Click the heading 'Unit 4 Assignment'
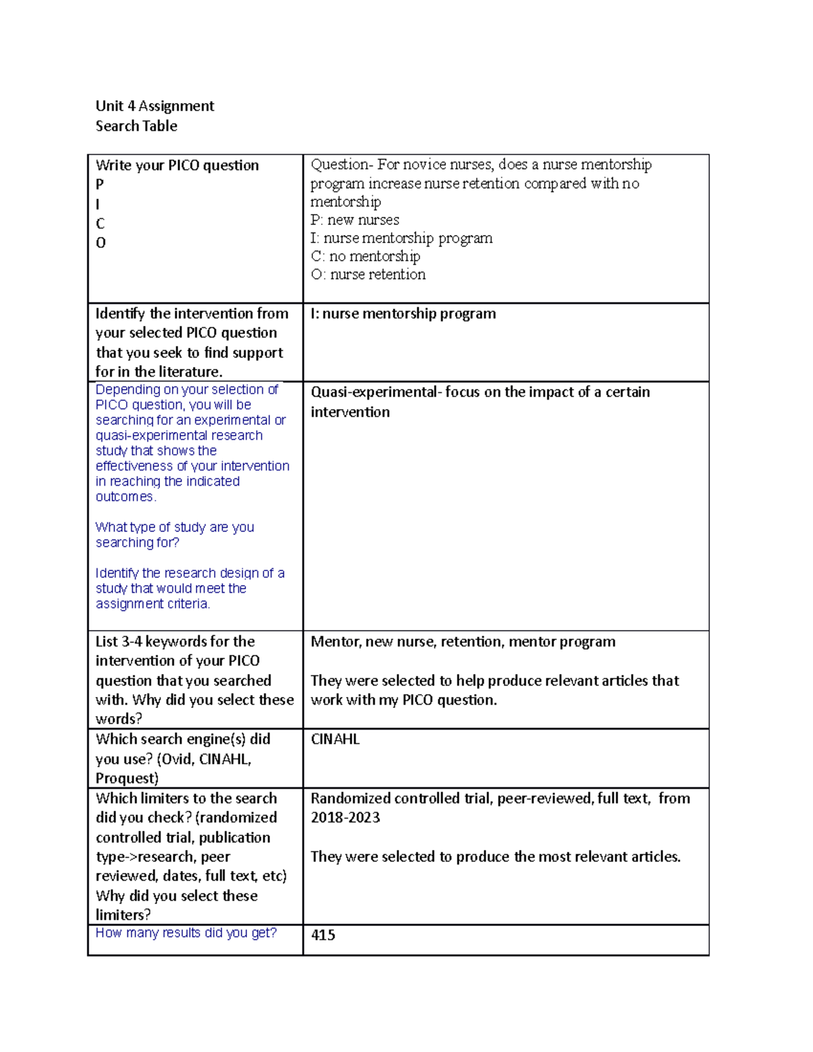(x=154, y=106)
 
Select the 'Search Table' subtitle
(x=136, y=126)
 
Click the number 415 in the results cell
(x=323, y=935)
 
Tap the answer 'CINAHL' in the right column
(x=335, y=739)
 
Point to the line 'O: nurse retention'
(x=368, y=274)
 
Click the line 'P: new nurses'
(x=354, y=219)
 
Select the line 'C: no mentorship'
(x=365, y=256)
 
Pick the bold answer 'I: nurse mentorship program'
(x=403, y=314)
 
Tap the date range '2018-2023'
(x=345, y=818)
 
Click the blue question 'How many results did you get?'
(x=186, y=933)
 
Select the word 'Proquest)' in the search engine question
(x=127, y=778)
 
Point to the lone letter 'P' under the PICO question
(x=100, y=184)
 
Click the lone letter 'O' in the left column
(x=100, y=243)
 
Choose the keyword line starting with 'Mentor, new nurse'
(x=463, y=641)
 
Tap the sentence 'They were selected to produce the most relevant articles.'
(x=495, y=856)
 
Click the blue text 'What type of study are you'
(x=175, y=527)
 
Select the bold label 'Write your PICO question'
(x=177, y=165)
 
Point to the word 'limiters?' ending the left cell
(x=123, y=914)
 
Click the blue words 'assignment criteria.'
(x=152, y=604)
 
